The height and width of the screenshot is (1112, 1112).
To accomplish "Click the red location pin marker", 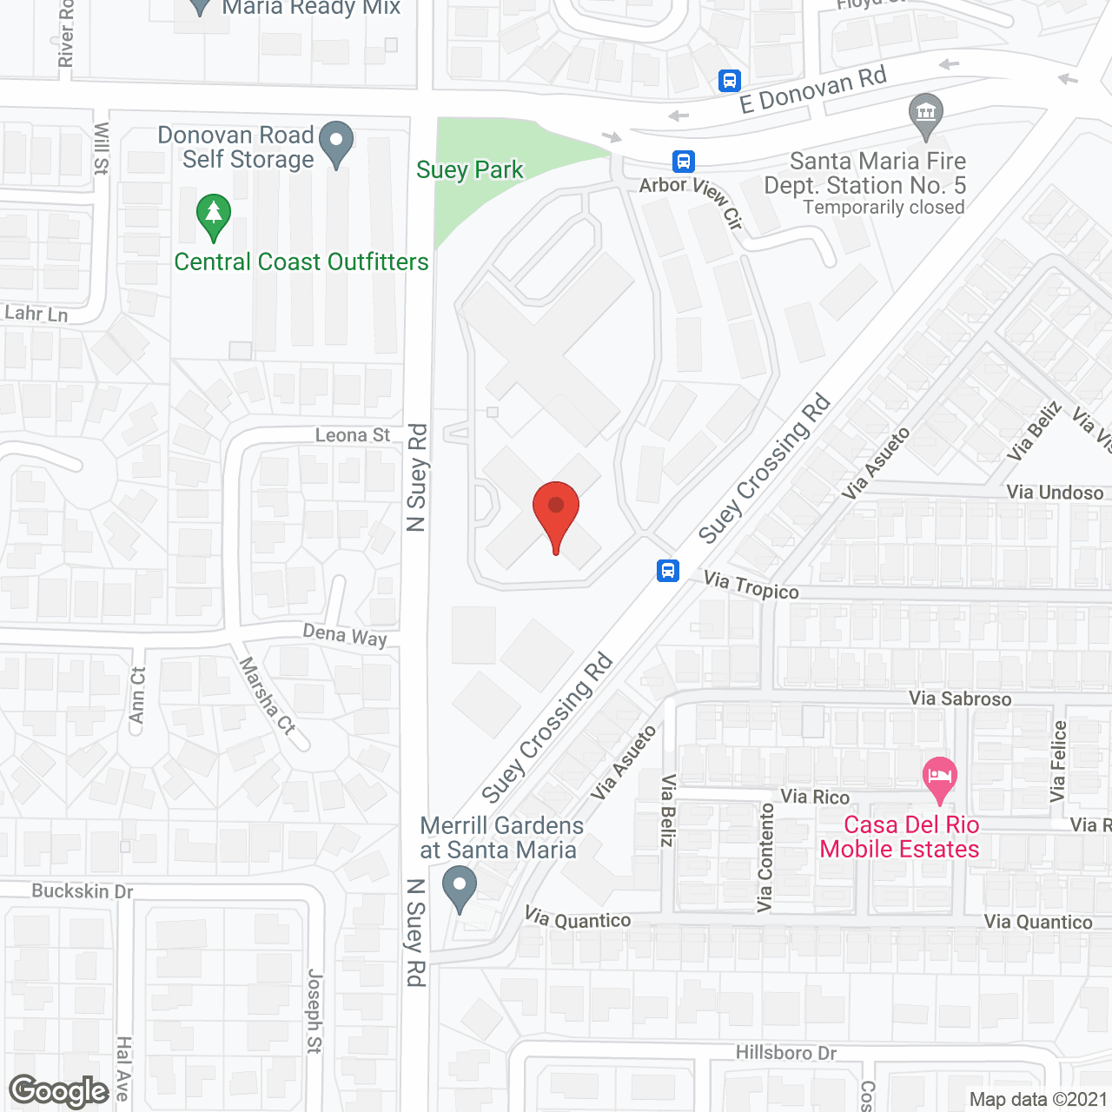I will [555, 513].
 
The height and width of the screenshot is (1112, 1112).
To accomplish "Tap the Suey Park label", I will [469, 169].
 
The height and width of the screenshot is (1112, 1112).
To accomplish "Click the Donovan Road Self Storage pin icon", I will [336, 143].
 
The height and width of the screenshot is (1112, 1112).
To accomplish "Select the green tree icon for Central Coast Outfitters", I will [213, 216].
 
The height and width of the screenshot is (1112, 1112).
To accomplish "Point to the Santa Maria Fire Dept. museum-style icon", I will [925, 115].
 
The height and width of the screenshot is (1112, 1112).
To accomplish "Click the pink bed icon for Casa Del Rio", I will [939, 778].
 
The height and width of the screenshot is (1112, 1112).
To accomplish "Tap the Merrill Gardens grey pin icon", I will [460, 890].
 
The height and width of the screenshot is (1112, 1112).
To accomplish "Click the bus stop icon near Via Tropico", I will [668, 571].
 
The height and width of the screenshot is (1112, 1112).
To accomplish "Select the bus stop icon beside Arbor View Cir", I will [684, 161].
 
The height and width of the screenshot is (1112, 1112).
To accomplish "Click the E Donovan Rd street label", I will [812, 89].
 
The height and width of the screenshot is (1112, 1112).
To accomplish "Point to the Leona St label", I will [353, 435].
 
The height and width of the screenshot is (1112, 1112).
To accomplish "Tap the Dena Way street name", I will [345, 635].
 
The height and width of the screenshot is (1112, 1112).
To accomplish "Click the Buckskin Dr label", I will [83, 890].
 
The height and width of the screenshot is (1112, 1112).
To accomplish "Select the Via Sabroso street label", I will [960, 698].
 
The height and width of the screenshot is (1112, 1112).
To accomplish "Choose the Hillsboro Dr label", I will [786, 1053].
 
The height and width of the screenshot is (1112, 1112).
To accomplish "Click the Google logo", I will [59, 1091].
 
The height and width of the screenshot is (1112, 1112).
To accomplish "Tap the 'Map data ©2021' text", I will [1038, 1100].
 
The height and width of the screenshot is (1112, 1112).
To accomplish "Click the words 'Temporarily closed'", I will [884, 208].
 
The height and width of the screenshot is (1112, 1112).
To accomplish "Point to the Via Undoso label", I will [1055, 493].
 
